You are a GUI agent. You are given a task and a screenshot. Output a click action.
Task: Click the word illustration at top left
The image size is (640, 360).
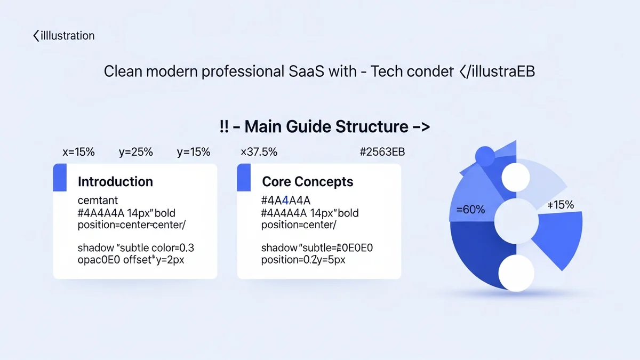click(x=67, y=36)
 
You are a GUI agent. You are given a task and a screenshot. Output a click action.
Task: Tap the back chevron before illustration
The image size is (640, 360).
click(x=36, y=36)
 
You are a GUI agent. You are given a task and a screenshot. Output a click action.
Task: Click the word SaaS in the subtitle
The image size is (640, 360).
click(x=306, y=71)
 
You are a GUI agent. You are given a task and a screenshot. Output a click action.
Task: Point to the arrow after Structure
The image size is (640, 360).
click(x=421, y=126)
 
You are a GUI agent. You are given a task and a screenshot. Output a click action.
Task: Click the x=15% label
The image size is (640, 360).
click(x=78, y=152)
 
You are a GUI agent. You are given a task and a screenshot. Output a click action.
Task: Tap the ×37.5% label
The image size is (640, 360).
click(x=259, y=152)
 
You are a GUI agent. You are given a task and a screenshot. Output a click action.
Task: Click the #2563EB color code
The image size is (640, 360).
click(x=382, y=152)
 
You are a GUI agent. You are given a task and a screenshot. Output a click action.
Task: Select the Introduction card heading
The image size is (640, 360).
click(x=115, y=182)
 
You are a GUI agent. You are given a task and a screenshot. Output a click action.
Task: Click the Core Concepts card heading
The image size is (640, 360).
click(x=307, y=182)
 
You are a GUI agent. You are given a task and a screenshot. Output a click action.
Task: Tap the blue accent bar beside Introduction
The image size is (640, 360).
click(x=60, y=178)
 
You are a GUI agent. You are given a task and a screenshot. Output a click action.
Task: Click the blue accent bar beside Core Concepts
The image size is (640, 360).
click(x=244, y=178)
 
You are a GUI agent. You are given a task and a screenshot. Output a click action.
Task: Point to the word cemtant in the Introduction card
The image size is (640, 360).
click(x=98, y=201)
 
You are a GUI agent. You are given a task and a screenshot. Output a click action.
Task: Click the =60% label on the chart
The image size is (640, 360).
click(x=470, y=210)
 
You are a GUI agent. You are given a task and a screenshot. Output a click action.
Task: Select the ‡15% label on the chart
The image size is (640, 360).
click(x=561, y=205)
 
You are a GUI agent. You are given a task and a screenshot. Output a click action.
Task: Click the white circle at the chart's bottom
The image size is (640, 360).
click(x=516, y=273)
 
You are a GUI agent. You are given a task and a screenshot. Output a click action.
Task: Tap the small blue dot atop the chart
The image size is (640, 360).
click(x=485, y=156)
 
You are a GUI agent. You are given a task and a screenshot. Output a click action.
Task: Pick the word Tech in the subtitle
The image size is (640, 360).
click(x=387, y=71)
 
